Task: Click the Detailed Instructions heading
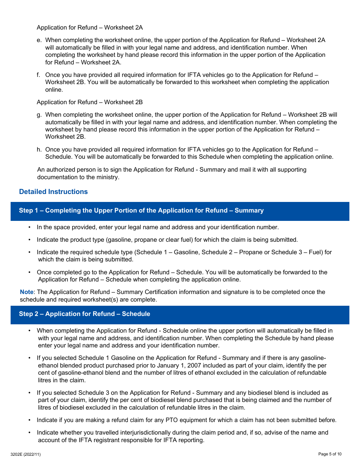pos(53,192)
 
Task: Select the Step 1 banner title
pos(141,211)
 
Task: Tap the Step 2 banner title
pos(85,314)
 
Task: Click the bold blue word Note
pos(27,292)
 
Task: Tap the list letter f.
pos(38,75)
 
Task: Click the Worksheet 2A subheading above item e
pos(89,28)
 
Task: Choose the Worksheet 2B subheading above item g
pos(89,102)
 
